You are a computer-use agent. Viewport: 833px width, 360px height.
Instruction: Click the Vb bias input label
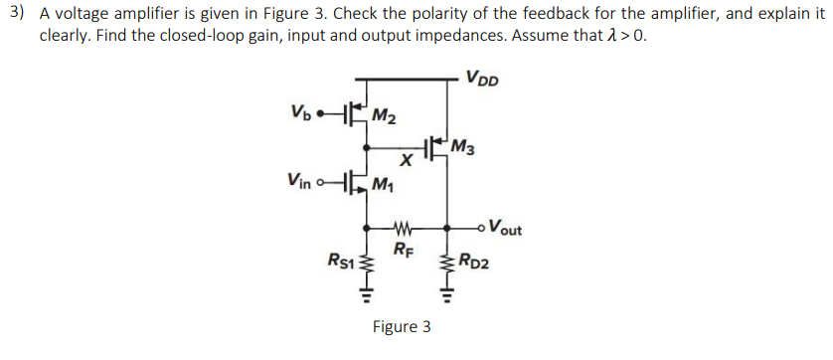(x=302, y=110)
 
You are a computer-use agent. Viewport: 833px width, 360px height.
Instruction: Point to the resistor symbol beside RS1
(x=369, y=262)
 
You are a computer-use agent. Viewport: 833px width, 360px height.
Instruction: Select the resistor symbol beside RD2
(x=446, y=262)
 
